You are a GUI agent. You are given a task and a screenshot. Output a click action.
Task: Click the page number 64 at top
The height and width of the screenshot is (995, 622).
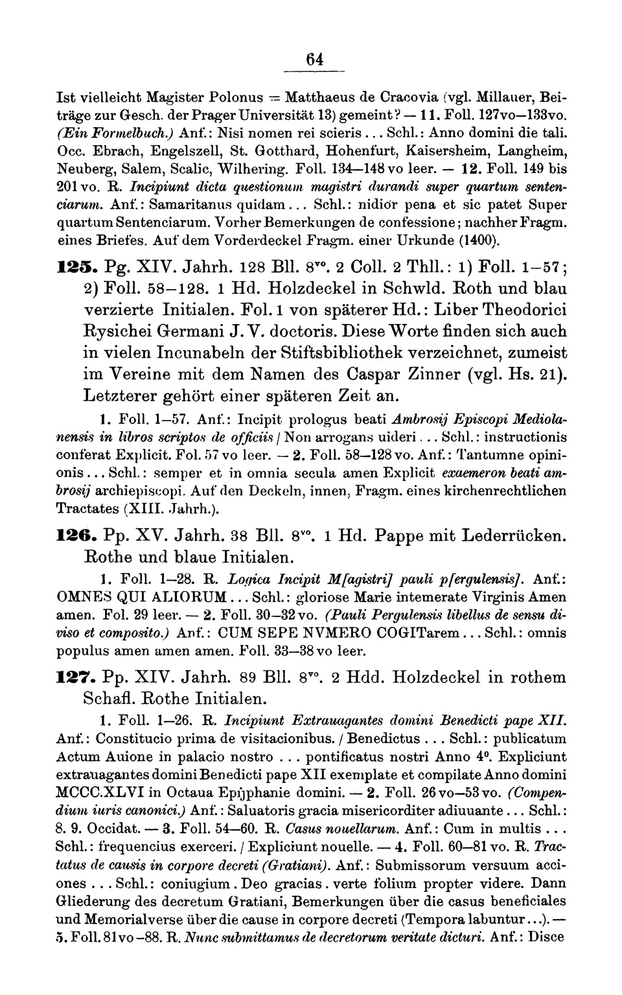point(315,59)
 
